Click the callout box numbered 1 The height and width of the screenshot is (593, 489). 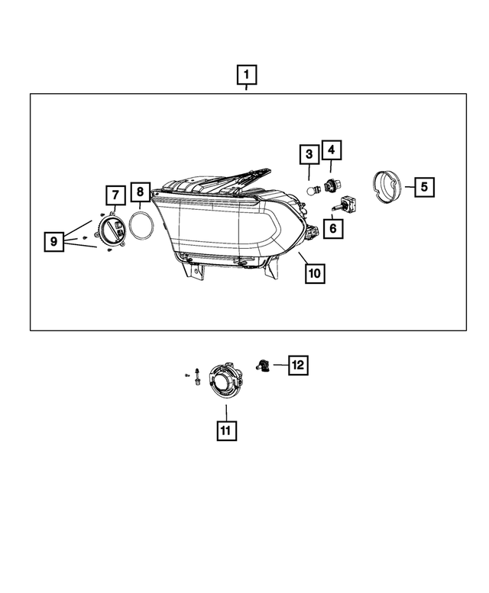[x=246, y=76]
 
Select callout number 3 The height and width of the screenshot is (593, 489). [x=308, y=154]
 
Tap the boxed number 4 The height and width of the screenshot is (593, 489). [x=332, y=150]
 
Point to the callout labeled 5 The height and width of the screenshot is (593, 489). [x=425, y=185]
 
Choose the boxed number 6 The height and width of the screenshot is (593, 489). [x=333, y=227]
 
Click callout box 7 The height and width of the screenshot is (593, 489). [x=112, y=195]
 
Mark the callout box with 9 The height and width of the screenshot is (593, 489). [x=53, y=241]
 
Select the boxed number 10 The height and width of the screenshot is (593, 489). [x=315, y=272]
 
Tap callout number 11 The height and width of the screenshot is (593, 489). [x=225, y=430]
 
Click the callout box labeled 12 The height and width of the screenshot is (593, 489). [x=297, y=366]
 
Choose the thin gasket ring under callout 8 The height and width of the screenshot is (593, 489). [x=141, y=226]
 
